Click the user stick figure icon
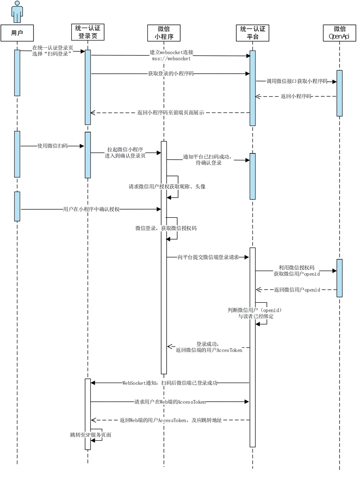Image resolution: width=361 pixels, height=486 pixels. click(17, 12)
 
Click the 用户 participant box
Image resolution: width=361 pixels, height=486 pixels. click(17, 33)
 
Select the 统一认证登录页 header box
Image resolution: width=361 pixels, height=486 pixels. click(88, 32)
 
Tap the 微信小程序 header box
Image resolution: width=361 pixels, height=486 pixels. click(164, 33)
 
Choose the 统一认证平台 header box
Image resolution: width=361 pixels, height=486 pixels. click(253, 33)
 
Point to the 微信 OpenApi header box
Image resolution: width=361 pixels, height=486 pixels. click(339, 33)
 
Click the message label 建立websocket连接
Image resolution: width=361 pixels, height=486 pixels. click(172, 53)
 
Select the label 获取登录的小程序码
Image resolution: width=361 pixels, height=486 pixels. click(171, 74)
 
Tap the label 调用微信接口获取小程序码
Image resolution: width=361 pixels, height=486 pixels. click(297, 81)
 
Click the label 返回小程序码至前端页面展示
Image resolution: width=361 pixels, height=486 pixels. click(171, 113)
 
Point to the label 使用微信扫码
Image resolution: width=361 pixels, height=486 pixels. click(52, 146)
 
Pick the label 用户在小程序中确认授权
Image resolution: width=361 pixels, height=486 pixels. click(91, 209)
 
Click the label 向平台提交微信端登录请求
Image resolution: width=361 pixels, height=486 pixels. click(208, 257)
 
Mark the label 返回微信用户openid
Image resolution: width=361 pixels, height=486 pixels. click(297, 290)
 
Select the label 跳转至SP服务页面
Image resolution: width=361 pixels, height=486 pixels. click(91, 435)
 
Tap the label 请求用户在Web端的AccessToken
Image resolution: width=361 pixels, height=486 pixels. click(170, 402)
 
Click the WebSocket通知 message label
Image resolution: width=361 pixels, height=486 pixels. click(170, 383)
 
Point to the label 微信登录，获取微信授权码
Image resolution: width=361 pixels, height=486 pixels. click(166, 228)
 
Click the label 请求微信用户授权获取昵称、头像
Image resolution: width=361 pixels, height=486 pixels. click(167, 187)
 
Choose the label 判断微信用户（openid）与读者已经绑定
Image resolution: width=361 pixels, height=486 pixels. click(255, 313)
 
